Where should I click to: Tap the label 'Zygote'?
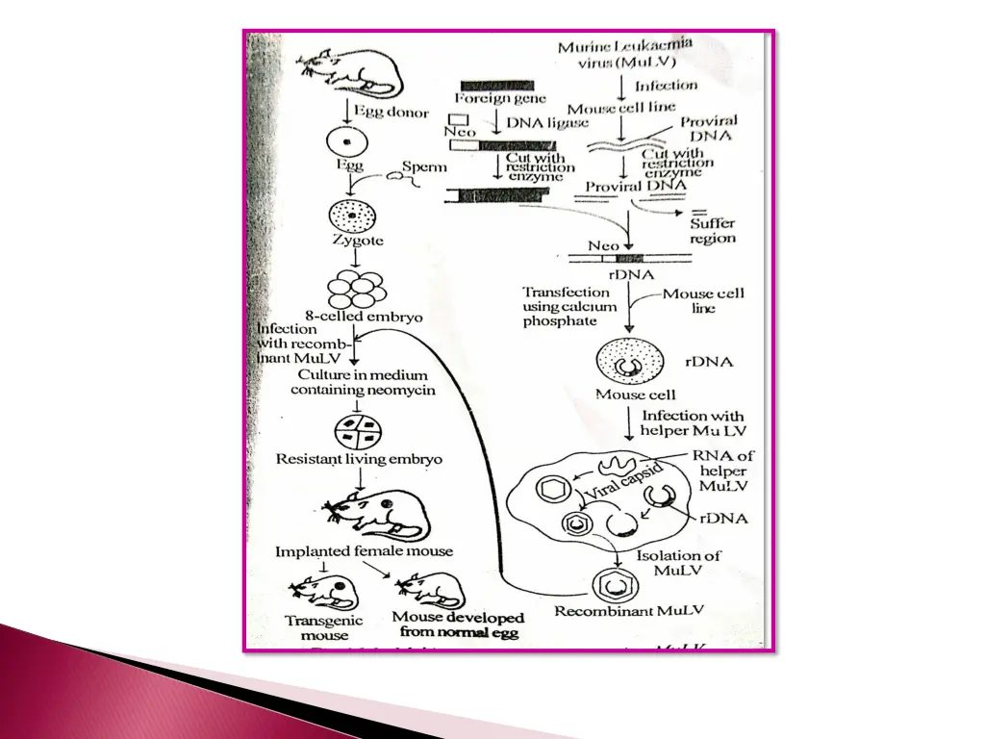(x=357, y=241)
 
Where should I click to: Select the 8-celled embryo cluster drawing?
(x=356, y=287)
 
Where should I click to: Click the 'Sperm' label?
(x=424, y=166)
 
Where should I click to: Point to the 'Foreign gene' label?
(x=500, y=98)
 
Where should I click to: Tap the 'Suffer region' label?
(x=712, y=231)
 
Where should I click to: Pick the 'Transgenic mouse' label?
(x=323, y=628)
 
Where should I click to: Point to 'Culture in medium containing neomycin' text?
(x=363, y=382)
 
